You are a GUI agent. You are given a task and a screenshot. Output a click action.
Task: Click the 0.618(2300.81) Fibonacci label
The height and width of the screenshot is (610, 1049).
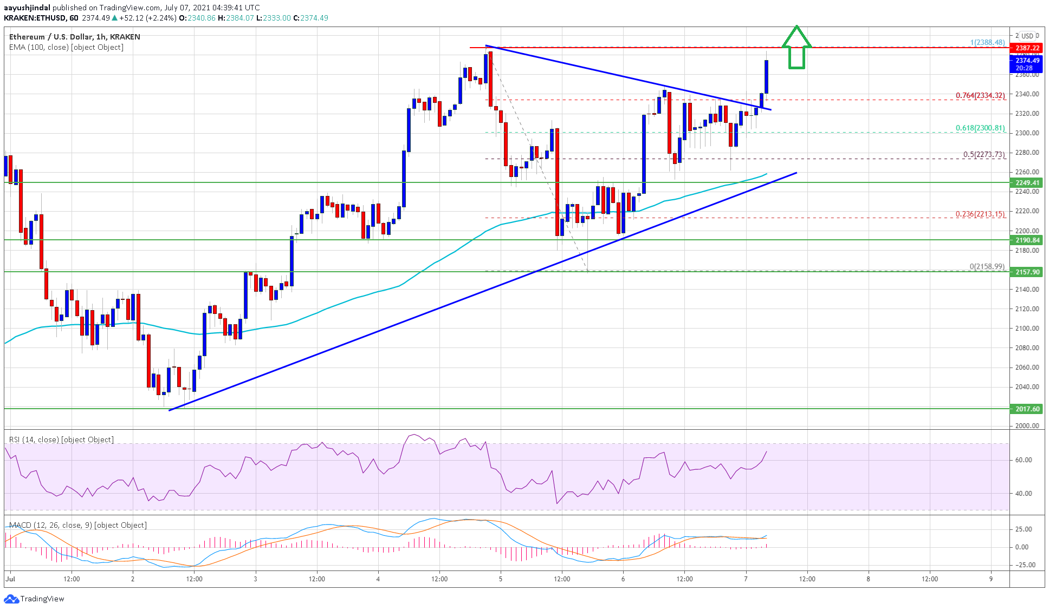980,128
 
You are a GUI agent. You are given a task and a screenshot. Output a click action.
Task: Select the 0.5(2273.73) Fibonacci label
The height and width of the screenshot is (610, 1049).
983,154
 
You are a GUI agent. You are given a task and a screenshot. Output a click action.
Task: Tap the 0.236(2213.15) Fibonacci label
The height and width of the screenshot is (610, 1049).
980,214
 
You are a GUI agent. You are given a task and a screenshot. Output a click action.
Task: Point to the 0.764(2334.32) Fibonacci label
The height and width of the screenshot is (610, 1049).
980,95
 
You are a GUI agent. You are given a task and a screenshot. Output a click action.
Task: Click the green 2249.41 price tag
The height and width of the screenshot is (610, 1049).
1027,183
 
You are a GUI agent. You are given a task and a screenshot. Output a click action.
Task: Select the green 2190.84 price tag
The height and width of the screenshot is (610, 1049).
1027,240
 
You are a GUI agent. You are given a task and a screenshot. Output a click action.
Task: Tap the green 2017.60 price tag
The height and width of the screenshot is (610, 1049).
1027,409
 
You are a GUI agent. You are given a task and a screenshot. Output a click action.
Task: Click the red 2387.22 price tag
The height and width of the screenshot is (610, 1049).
1027,48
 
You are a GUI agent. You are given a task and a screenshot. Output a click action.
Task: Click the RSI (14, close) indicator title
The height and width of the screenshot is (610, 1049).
61,440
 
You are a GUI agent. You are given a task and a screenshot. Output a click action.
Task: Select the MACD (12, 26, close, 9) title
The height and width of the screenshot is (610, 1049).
77,525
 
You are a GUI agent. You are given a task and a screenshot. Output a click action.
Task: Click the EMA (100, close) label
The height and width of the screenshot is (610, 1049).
66,47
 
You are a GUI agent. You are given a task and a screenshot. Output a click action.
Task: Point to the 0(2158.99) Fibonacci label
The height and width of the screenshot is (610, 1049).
987,266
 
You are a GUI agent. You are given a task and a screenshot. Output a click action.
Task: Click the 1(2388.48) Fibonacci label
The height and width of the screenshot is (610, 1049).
987,42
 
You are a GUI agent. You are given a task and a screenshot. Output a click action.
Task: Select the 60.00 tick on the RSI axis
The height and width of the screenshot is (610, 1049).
1023,460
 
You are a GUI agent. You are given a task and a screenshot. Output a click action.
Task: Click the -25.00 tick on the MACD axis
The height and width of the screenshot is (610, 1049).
1023,565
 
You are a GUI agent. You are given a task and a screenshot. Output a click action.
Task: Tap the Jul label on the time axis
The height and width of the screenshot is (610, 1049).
10,579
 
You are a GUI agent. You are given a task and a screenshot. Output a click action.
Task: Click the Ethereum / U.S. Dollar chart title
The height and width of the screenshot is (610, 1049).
74,37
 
